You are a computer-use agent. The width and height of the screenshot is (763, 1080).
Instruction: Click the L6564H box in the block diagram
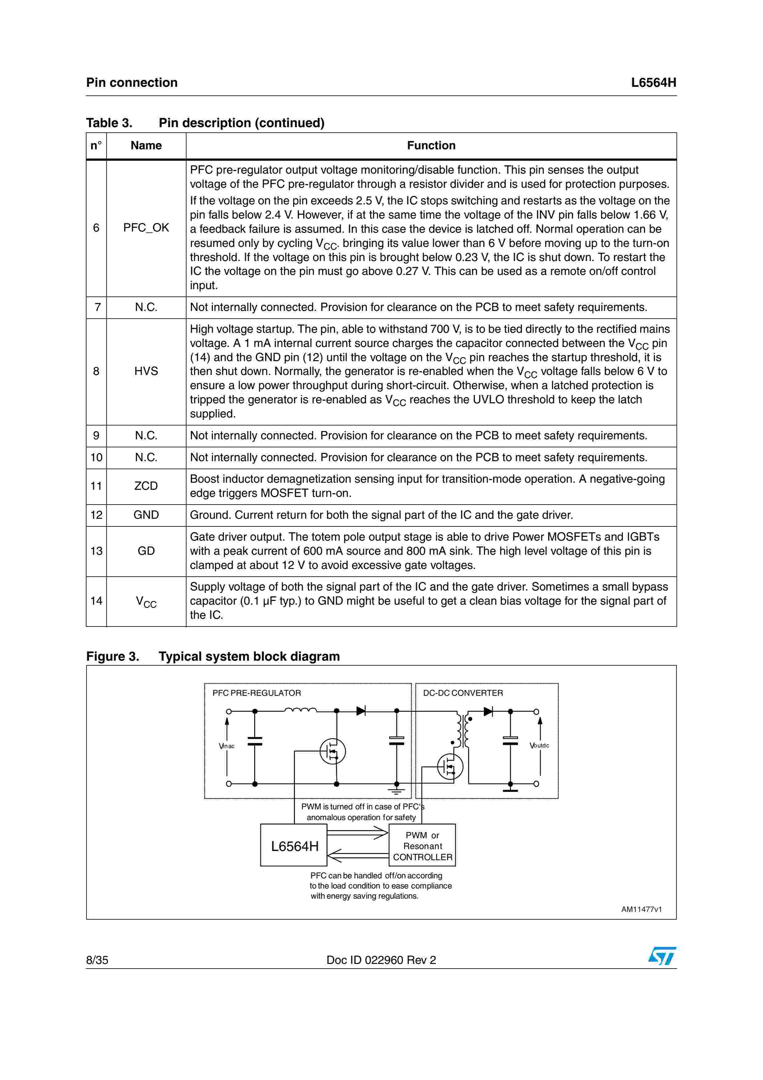click(294, 846)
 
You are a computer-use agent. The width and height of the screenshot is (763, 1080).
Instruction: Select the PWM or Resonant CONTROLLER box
click(422, 846)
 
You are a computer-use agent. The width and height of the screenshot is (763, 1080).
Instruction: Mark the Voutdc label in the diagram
click(539, 746)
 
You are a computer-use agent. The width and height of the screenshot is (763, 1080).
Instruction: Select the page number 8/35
click(97, 960)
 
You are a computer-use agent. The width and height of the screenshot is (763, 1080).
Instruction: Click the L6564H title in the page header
click(653, 83)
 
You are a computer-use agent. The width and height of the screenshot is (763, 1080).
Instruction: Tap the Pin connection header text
click(132, 83)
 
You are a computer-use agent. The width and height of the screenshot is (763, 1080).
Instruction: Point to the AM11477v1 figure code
click(641, 909)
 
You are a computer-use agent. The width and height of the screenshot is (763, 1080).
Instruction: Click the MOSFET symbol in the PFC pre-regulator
click(332, 751)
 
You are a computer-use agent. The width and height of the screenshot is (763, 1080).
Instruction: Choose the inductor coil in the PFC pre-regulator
click(300, 710)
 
